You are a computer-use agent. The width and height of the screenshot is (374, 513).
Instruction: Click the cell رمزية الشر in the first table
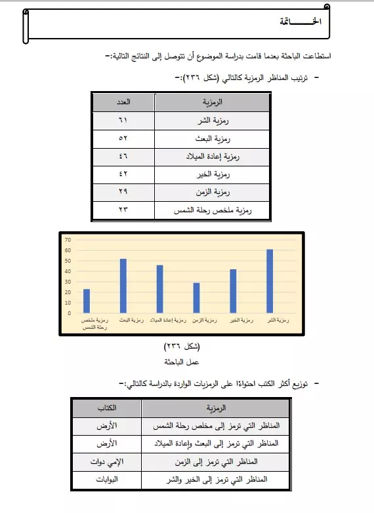click(x=211, y=121)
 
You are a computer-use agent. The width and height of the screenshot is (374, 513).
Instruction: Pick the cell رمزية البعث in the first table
click(x=211, y=139)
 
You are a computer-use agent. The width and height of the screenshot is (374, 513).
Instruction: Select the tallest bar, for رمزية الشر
click(x=269, y=280)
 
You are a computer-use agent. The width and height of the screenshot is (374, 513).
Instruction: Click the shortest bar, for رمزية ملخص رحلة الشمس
click(x=87, y=301)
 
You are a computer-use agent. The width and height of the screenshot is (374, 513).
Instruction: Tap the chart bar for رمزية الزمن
click(x=196, y=297)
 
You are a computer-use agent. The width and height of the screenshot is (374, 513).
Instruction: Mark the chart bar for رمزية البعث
click(x=123, y=286)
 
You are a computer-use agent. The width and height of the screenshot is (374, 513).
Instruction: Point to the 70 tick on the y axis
click(x=68, y=240)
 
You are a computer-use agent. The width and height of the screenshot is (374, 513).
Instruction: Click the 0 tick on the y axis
click(x=69, y=313)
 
